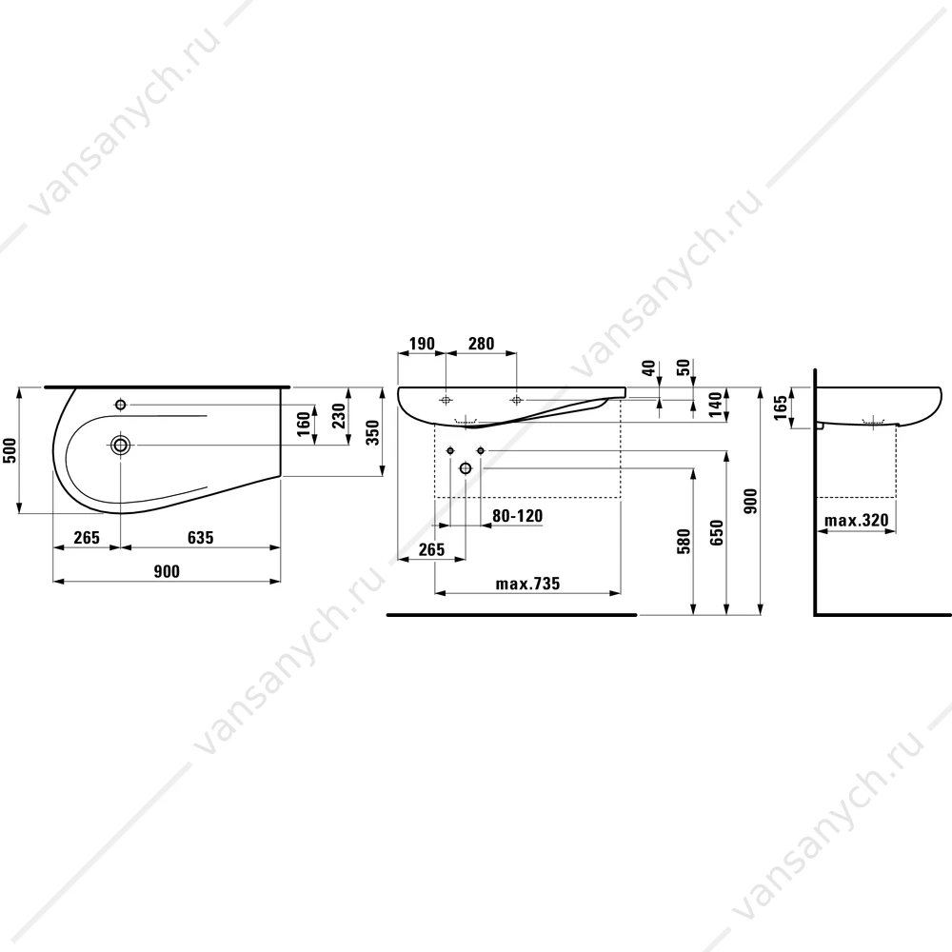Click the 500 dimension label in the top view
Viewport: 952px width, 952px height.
click(x=10, y=450)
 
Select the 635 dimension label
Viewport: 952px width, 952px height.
click(x=200, y=537)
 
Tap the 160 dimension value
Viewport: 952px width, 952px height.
click(x=304, y=425)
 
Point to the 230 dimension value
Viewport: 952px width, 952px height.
click(x=338, y=416)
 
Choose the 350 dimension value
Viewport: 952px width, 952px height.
click(x=372, y=432)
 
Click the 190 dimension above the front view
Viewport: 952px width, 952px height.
click(x=422, y=344)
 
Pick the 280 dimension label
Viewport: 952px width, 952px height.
click(x=481, y=344)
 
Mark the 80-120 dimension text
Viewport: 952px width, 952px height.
click(x=517, y=516)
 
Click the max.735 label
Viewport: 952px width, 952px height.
click(x=527, y=584)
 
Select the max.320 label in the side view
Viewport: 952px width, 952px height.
click(x=856, y=521)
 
